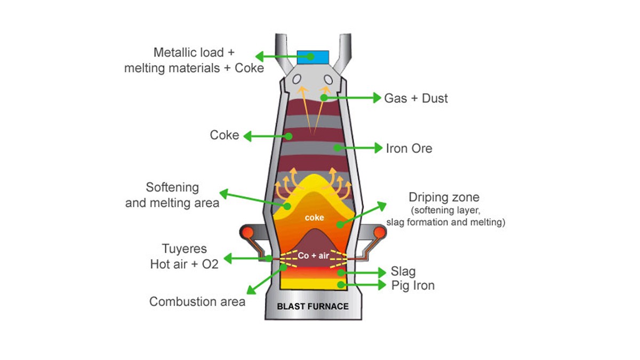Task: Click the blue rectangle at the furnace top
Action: point(313,56)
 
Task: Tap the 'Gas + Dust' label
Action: point(416,98)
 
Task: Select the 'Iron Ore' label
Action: point(409,148)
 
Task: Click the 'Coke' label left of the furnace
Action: point(225,135)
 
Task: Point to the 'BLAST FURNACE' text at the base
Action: point(313,306)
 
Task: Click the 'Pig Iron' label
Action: point(412,285)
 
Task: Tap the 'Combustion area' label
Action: point(197,301)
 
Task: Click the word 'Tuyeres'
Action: point(184,249)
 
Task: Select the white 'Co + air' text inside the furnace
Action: point(314,256)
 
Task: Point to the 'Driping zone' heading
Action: point(444,198)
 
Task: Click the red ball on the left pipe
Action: point(249,233)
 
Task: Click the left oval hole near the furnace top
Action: point(297,79)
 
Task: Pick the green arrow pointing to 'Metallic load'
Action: point(277,56)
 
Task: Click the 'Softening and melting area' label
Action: point(172,195)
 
